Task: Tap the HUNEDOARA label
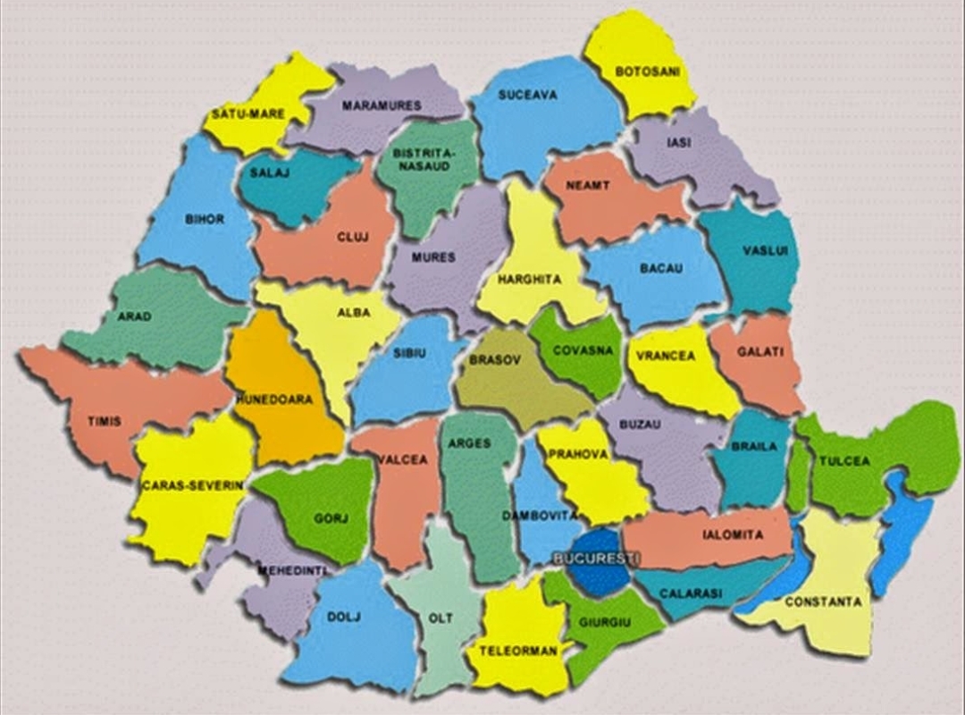click(x=274, y=400)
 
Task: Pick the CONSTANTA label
click(x=823, y=601)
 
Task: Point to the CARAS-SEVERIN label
click(x=192, y=485)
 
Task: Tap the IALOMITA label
click(x=733, y=534)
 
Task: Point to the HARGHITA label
click(x=530, y=280)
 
